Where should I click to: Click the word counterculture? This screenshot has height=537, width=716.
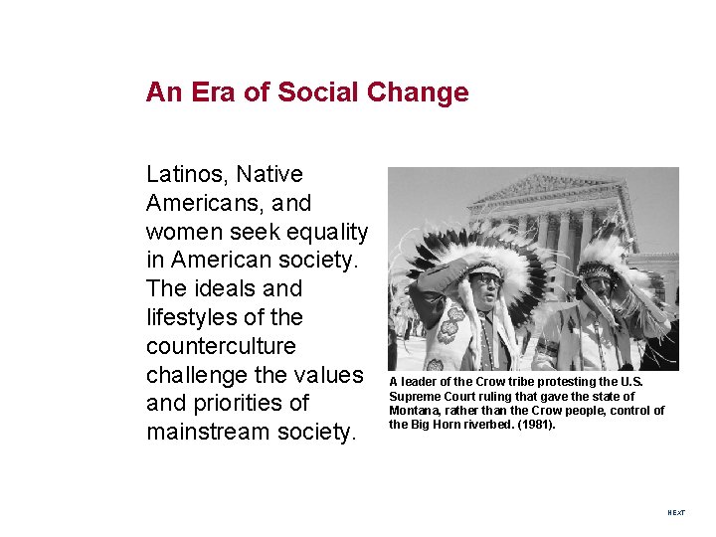(221, 346)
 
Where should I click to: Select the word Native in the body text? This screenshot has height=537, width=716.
(271, 174)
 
